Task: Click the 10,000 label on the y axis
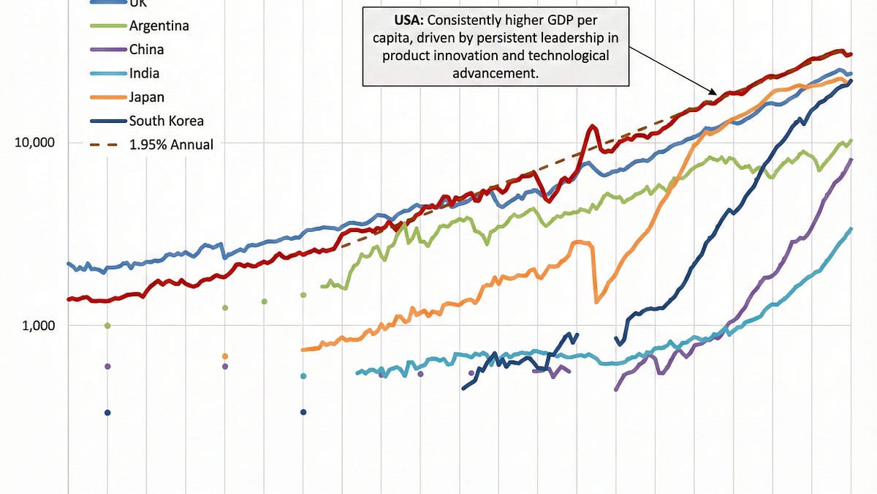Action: [34, 142]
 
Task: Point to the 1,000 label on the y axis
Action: [37, 325]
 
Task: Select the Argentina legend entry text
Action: [159, 26]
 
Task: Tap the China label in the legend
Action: [146, 50]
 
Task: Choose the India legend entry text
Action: [145, 73]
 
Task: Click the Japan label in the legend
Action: [147, 97]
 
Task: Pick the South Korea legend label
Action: [166, 121]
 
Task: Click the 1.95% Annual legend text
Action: [172, 145]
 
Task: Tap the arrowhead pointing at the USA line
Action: [715, 93]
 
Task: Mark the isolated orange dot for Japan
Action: [225, 356]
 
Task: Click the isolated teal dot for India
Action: [303, 376]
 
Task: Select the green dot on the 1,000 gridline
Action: [107, 326]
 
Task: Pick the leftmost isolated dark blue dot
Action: [107, 413]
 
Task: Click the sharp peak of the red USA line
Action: [592, 127]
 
